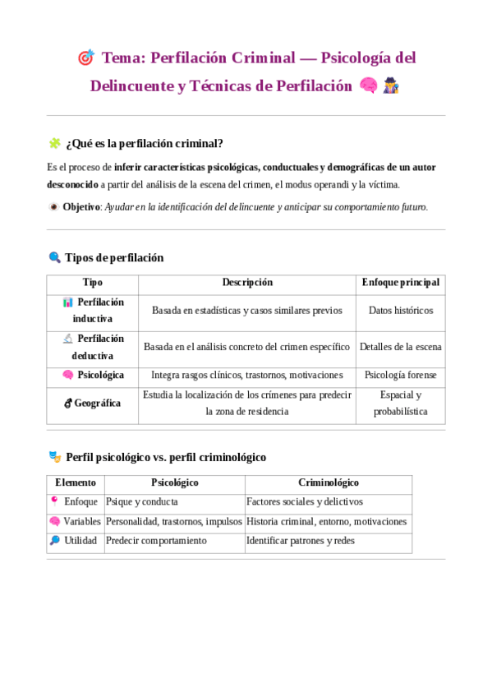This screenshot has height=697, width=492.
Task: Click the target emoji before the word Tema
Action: click(85, 58)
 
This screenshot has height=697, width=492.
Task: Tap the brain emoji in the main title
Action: click(368, 85)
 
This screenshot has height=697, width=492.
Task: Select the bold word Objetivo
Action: click(81, 207)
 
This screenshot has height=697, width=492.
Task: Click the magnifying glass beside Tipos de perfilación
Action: click(55, 257)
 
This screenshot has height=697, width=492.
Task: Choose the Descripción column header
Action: click(246, 282)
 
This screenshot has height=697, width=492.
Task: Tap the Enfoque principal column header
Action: click(400, 282)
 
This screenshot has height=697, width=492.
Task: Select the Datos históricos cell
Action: click(400, 311)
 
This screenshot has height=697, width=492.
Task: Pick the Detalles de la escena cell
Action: click(400, 347)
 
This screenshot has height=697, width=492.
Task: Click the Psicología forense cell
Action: click(400, 375)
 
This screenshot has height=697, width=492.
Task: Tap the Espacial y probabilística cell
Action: click(400, 403)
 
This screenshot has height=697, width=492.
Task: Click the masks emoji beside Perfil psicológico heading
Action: click(55, 456)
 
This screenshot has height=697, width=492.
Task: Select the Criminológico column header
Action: click(328, 482)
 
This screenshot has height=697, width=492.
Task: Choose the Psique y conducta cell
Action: click(143, 501)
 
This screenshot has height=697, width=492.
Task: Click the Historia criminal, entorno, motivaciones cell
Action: click(326, 521)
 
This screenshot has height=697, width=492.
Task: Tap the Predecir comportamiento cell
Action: click(157, 541)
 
